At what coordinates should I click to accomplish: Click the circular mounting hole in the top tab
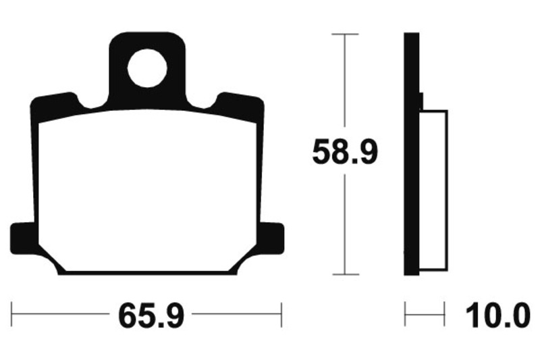click(x=147, y=68)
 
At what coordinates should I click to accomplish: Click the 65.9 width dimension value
click(x=151, y=315)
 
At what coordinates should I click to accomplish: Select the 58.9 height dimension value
click(x=345, y=151)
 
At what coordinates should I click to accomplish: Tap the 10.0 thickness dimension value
click(x=497, y=315)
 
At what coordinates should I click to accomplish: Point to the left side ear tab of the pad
click(x=23, y=238)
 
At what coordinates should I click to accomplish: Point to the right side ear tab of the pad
click(x=272, y=238)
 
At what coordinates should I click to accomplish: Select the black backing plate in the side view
click(x=412, y=154)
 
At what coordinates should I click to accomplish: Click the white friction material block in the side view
click(x=433, y=190)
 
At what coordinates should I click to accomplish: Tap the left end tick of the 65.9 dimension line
click(x=11, y=314)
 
